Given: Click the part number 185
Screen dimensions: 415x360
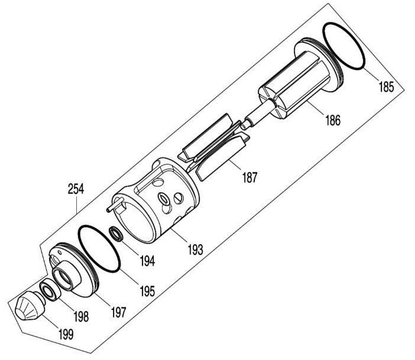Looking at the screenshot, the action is (386, 86).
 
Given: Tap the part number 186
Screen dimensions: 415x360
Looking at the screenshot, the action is (333, 121).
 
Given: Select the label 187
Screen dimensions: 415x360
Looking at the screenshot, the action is (249, 177).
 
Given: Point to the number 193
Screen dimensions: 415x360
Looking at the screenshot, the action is (195, 249).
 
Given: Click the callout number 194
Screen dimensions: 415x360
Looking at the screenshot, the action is (147, 261).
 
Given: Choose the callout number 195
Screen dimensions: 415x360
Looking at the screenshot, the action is (147, 291).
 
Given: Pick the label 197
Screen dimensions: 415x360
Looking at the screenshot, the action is (118, 312).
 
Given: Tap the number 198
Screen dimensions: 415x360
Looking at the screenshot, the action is (81, 316).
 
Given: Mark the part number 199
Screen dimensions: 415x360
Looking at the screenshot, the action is (66, 335).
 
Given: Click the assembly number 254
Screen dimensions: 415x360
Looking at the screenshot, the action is (76, 189).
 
